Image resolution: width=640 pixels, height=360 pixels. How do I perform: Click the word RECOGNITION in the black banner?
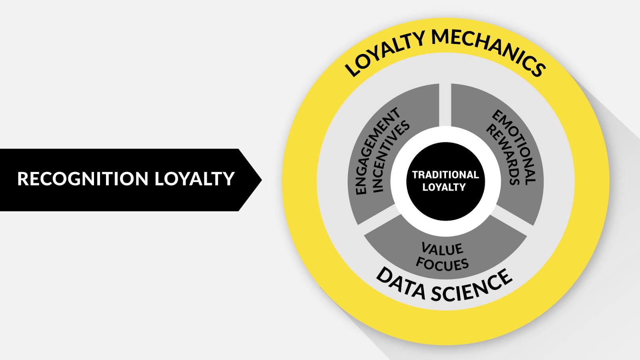[83, 179]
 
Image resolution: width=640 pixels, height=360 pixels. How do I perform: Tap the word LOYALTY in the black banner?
[194, 179]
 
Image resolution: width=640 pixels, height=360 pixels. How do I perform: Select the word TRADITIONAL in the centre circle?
[445, 175]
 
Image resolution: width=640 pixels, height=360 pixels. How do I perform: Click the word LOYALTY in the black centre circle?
[444, 187]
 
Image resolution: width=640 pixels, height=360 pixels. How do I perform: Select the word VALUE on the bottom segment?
[442, 249]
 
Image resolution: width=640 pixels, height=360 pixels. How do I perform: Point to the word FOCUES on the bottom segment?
[442, 264]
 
